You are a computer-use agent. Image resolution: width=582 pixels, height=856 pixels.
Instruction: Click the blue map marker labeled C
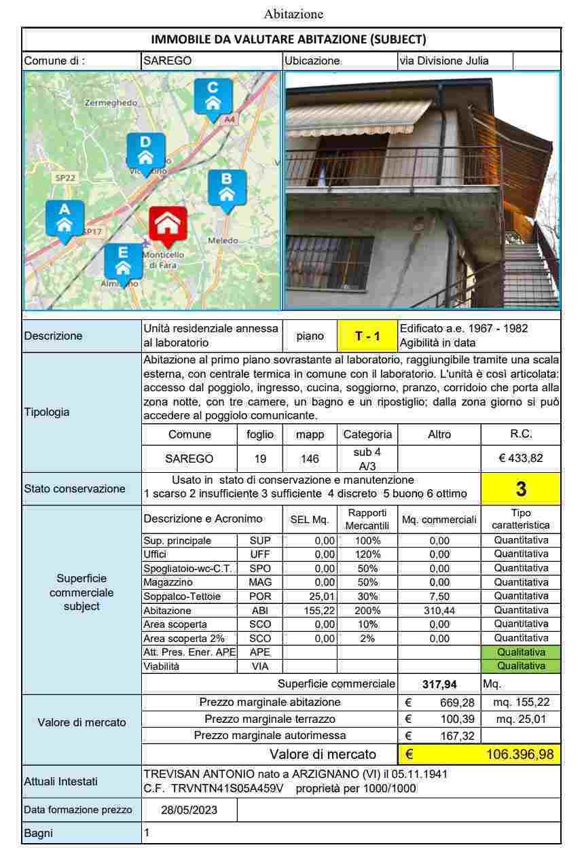tap(213, 96)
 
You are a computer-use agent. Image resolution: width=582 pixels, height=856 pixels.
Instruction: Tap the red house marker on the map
tap(168, 226)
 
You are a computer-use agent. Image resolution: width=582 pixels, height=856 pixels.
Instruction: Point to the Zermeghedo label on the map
tap(111, 103)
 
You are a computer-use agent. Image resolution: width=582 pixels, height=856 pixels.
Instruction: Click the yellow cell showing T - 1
tap(367, 336)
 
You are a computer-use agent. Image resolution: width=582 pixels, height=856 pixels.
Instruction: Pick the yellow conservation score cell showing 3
tap(521, 488)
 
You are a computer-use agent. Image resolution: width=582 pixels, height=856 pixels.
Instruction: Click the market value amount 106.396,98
tap(520, 753)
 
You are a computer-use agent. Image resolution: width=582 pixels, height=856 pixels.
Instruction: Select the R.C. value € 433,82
tap(521, 458)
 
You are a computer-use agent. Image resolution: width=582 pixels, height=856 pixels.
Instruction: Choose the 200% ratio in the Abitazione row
tap(367, 610)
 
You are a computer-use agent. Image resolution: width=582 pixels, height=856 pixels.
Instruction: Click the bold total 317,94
tap(439, 683)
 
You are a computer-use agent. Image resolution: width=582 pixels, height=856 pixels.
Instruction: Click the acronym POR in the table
tap(260, 596)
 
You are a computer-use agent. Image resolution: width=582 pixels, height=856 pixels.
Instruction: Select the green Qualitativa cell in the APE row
tap(521, 652)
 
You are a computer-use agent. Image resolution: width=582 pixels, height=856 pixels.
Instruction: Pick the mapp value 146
tap(310, 459)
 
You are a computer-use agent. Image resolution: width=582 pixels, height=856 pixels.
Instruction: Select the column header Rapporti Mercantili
tap(367, 519)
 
